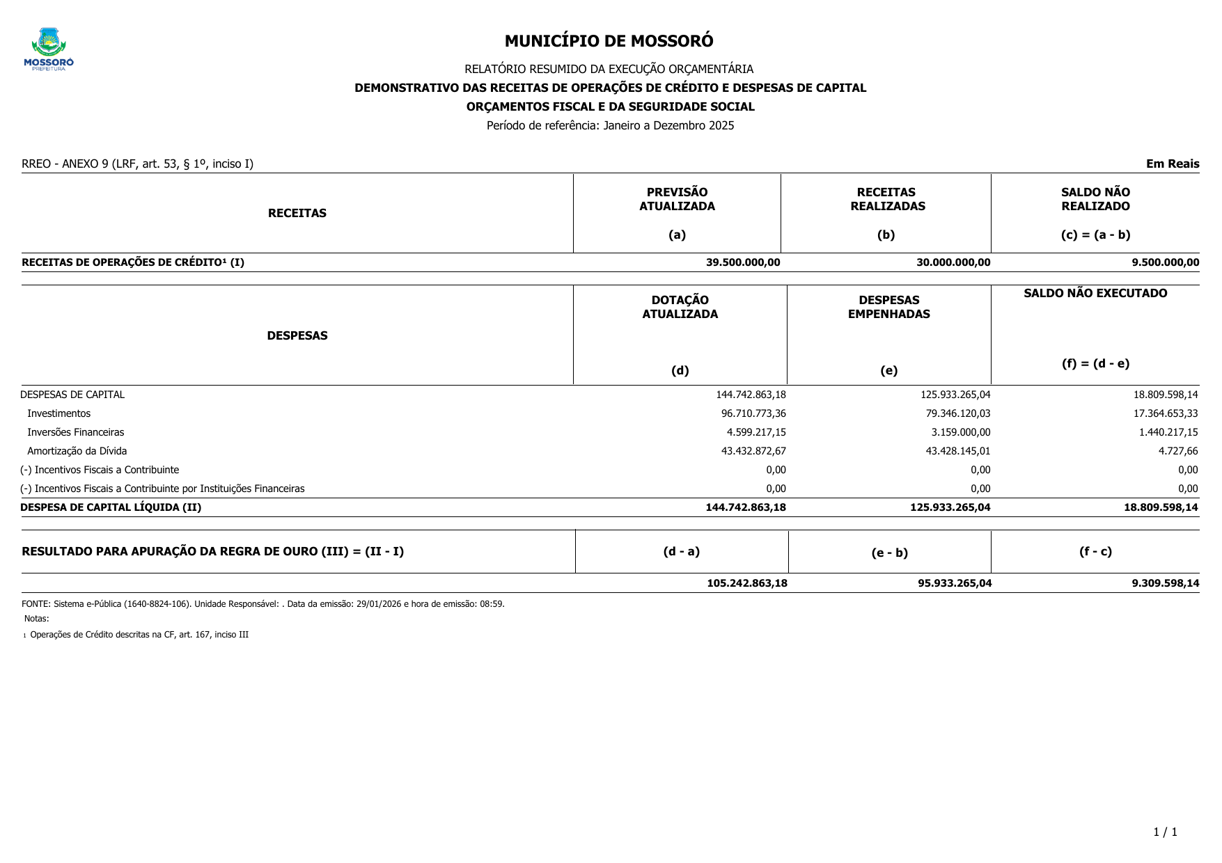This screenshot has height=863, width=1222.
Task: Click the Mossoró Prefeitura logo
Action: point(49,49)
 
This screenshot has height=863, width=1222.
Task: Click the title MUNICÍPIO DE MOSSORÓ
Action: point(609,41)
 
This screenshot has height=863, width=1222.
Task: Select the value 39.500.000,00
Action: point(743,262)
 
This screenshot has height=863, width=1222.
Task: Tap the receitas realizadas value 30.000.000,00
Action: point(953,262)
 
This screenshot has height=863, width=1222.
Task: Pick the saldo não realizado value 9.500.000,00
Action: point(1165,262)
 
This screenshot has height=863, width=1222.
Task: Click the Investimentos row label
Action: point(59,413)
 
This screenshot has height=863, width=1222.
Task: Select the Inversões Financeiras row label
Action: point(76,432)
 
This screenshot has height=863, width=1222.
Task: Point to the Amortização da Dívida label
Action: point(77,451)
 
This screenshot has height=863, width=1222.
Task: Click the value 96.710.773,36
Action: point(753,413)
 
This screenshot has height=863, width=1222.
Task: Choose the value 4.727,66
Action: point(1178,451)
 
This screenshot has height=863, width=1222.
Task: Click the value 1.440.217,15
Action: point(1168,432)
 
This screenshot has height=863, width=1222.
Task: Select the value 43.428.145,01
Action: point(958,451)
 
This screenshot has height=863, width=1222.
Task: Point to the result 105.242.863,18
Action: point(747,583)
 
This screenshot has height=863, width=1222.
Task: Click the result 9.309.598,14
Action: point(1165,583)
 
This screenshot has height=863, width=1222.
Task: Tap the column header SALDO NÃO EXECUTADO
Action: point(1095,294)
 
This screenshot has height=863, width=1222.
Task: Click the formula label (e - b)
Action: point(889,553)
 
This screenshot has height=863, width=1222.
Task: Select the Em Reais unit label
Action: point(1173,164)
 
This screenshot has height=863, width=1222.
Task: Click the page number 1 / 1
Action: point(1165,832)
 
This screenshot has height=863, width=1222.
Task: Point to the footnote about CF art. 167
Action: point(139,635)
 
